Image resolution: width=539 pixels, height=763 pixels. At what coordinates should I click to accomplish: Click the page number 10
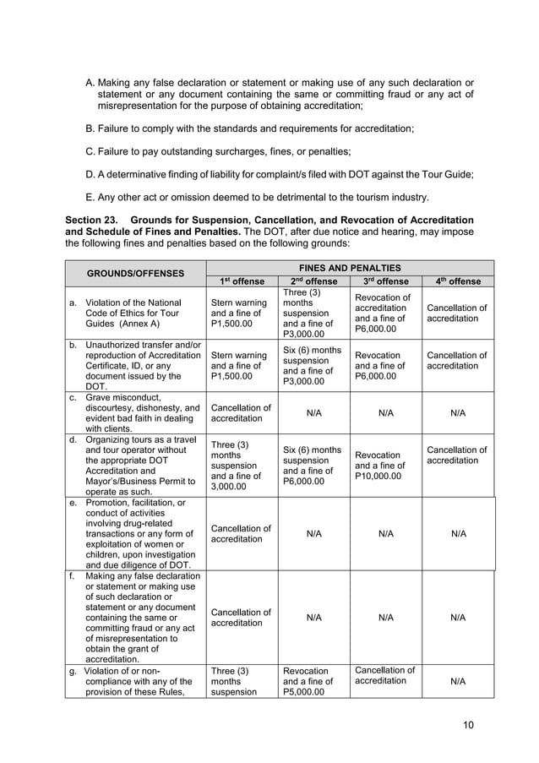click(469, 725)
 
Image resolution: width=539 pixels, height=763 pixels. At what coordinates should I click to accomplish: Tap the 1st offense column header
click(242, 281)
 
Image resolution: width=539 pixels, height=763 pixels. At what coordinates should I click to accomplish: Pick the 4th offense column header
click(458, 281)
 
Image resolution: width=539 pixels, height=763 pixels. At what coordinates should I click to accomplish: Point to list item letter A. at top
click(91, 83)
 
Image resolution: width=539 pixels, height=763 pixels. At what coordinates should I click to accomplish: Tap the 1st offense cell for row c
click(241, 412)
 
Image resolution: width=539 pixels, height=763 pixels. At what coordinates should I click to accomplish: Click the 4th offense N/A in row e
click(458, 534)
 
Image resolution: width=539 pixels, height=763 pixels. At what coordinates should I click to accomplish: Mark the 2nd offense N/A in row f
click(313, 618)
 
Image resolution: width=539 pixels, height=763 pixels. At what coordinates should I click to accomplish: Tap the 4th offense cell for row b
click(458, 362)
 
